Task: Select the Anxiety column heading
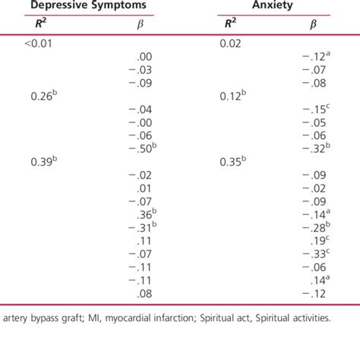273,5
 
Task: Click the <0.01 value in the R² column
39,44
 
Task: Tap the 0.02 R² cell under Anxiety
230,44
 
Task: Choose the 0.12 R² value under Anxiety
232,96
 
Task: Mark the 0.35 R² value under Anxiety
232,162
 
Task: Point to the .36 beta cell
144,214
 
